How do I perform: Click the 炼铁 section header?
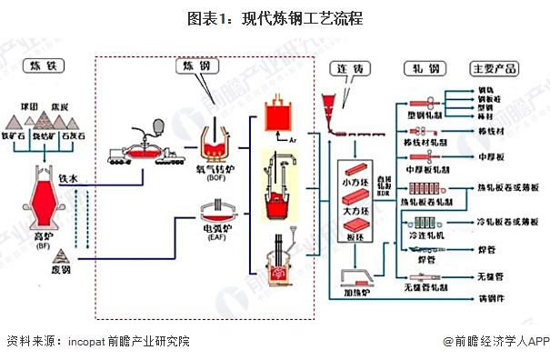43,67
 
